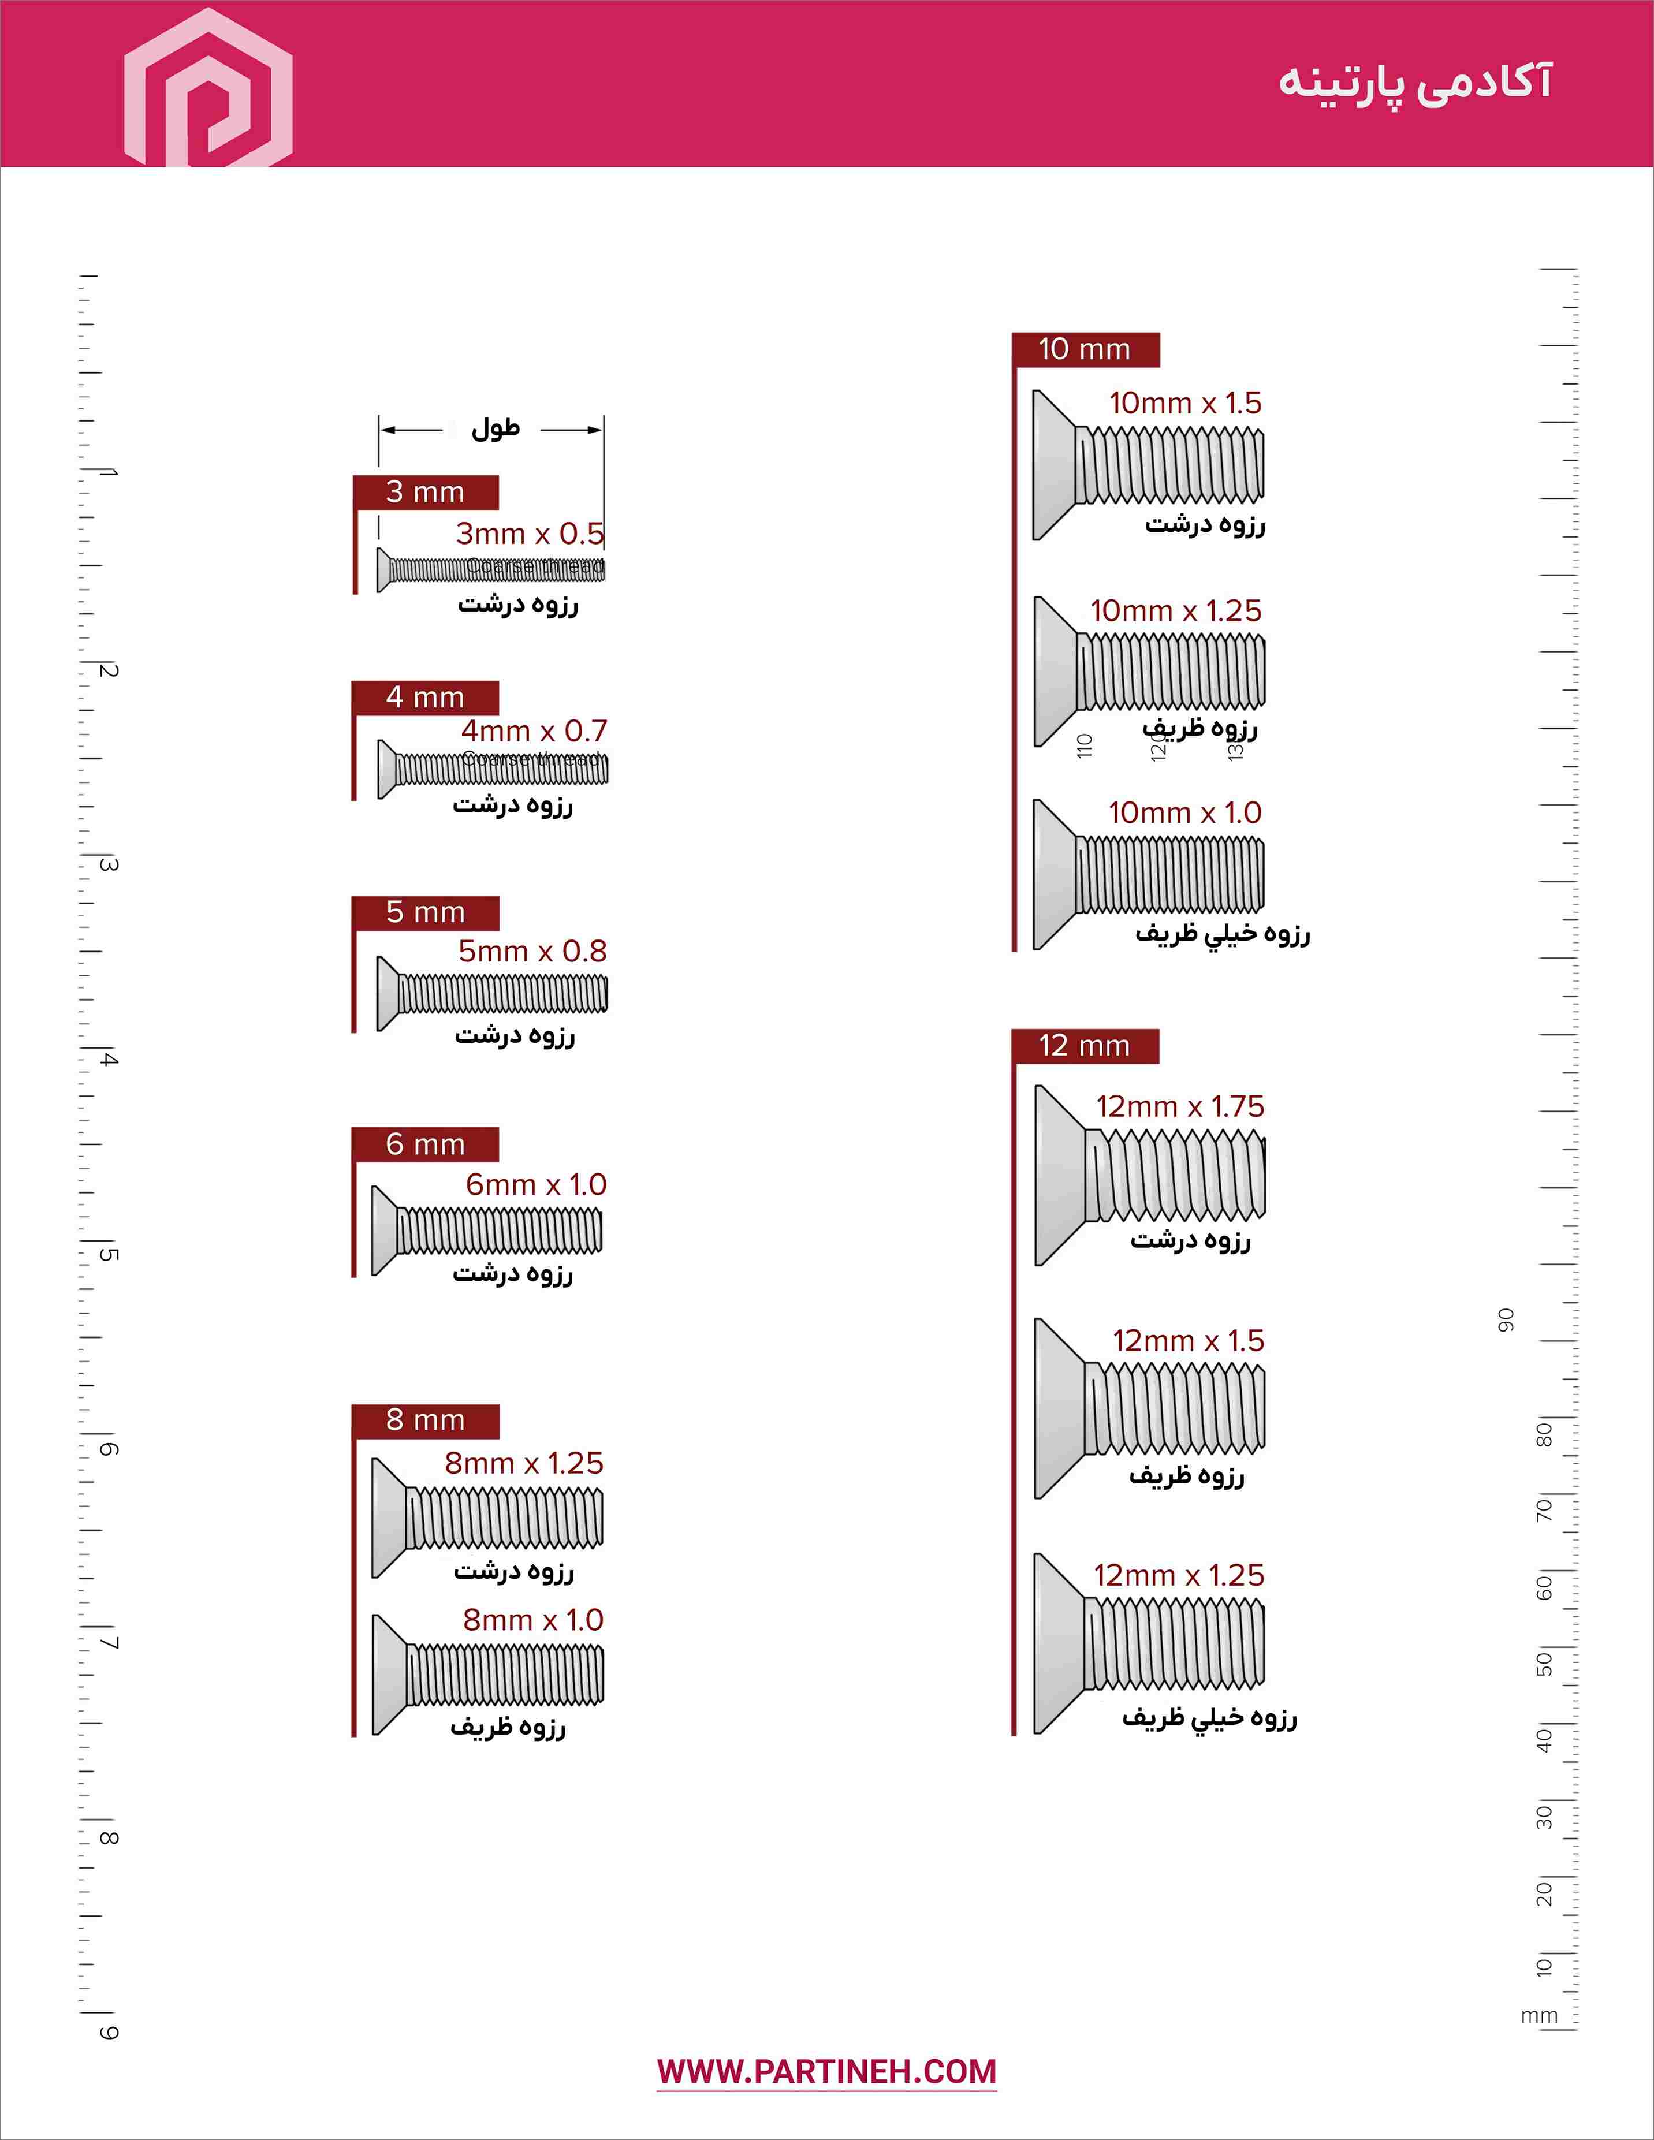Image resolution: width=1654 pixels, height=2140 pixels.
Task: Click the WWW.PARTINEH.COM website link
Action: click(x=826, y=2071)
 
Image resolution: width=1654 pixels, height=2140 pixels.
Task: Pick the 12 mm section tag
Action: click(x=1085, y=1046)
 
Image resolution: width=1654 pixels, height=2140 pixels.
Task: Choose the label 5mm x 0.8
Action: click(x=532, y=950)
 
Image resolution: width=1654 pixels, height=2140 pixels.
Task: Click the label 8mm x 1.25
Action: click(x=523, y=1463)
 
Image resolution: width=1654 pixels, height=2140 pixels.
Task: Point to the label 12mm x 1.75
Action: click(x=1180, y=1107)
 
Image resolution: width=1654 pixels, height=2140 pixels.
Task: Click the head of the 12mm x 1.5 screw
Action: click(x=1058, y=1408)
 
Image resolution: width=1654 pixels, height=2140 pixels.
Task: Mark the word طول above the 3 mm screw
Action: click(x=495, y=429)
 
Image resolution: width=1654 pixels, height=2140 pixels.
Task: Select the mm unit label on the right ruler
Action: click(x=1538, y=2015)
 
